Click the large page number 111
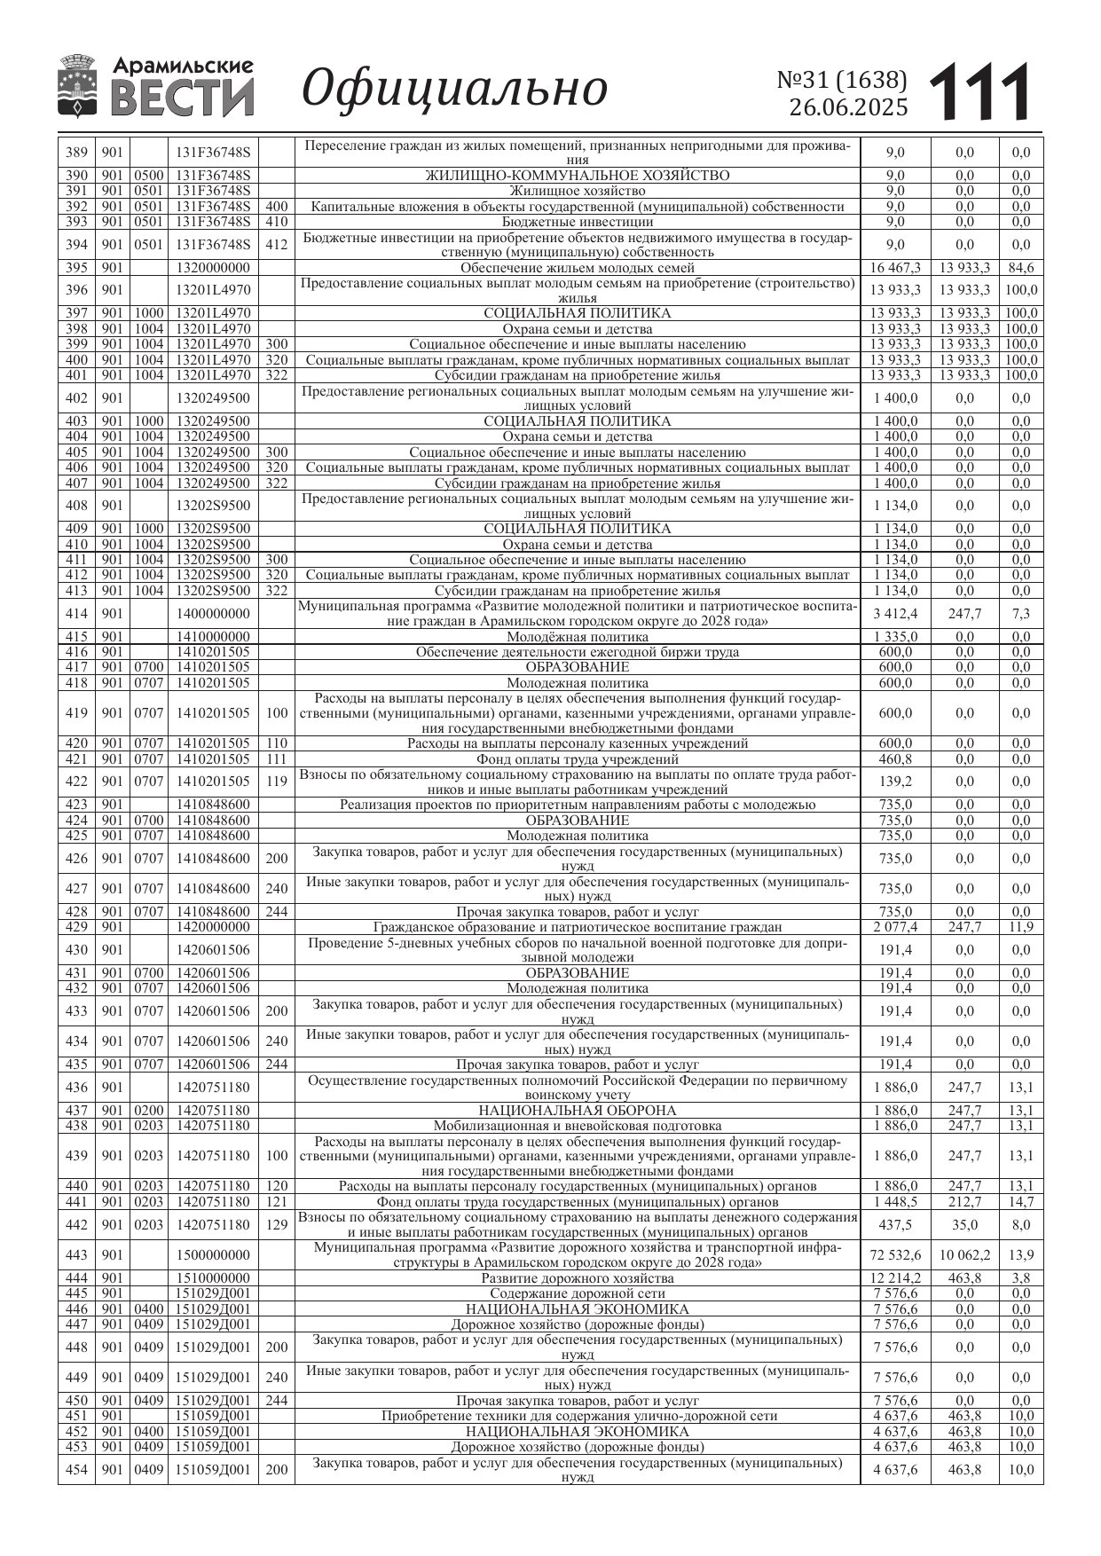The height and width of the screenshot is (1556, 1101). [x=981, y=92]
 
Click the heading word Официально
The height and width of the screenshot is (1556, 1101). [x=455, y=89]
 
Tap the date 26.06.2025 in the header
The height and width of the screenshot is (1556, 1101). [x=848, y=108]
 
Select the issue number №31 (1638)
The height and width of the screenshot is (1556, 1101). [x=842, y=81]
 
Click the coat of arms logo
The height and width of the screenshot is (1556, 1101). [x=77, y=86]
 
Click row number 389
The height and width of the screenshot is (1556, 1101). [x=76, y=153]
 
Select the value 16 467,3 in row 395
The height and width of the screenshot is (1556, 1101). [x=894, y=268]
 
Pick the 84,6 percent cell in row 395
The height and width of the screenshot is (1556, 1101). [x=1021, y=268]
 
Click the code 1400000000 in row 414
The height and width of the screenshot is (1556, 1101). [x=213, y=614]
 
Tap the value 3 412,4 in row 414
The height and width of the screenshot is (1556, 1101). [x=894, y=614]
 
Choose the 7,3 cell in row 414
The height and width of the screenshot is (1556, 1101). [x=1021, y=614]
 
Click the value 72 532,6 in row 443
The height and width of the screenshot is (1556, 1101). [x=894, y=1255]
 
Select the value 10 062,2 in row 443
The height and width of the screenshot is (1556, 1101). [x=964, y=1255]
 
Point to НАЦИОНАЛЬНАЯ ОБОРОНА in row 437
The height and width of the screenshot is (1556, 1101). [x=577, y=1111]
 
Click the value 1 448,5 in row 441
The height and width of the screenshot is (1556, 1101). [x=894, y=1202]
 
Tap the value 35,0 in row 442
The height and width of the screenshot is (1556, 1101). [x=964, y=1225]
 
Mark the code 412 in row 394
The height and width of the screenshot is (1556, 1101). [x=276, y=245]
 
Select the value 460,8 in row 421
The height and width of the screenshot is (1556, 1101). [x=894, y=759]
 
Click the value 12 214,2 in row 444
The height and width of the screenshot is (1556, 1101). [x=894, y=1278]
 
